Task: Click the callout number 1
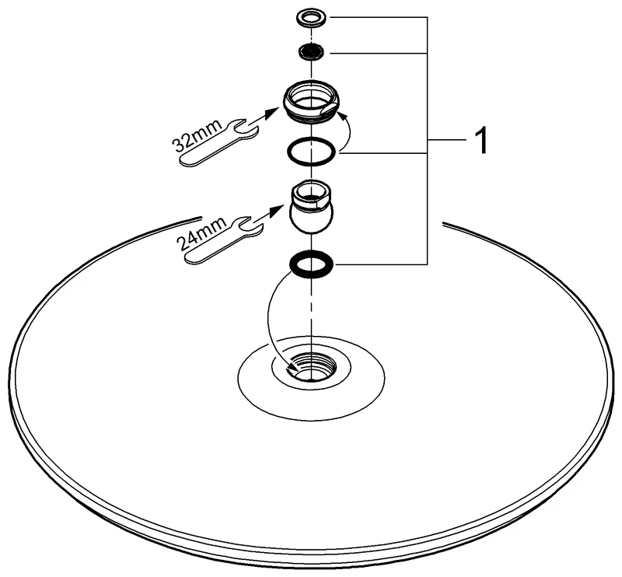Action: pos(480,141)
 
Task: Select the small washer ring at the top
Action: pos(312,18)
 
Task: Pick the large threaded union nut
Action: pos(313,100)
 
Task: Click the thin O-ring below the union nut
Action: pos(313,152)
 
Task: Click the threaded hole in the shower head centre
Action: pos(312,366)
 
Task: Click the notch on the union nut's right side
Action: pos(330,109)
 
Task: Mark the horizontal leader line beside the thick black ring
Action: pos(380,264)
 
